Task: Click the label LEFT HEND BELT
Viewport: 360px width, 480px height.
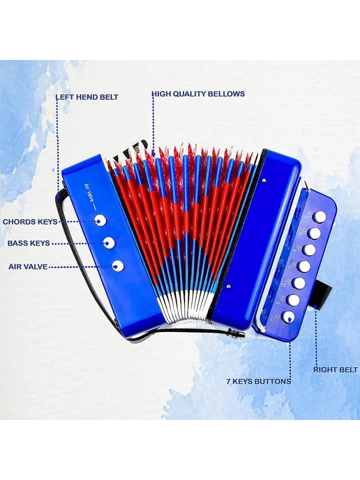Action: (x=87, y=97)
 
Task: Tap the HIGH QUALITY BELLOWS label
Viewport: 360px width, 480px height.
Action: (x=198, y=93)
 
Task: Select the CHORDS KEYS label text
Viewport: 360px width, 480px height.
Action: (x=30, y=222)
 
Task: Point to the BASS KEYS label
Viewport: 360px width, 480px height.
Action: (x=29, y=243)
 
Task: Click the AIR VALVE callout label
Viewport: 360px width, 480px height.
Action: (x=28, y=267)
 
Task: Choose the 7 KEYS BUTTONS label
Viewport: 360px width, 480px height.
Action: (x=259, y=381)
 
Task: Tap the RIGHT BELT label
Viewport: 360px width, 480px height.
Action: (x=335, y=370)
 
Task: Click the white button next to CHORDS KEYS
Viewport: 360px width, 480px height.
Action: (x=100, y=220)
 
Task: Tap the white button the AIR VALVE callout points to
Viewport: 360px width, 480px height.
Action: (x=118, y=266)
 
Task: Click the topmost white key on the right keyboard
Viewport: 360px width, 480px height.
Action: (x=320, y=217)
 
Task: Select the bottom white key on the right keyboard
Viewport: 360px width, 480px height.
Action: (x=288, y=317)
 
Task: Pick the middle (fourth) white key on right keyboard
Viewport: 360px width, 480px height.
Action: (x=304, y=267)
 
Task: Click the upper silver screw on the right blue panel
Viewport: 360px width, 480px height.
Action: (x=264, y=180)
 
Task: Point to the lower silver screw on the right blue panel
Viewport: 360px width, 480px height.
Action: (x=228, y=287)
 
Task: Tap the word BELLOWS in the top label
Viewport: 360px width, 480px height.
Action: (x=227, y=93)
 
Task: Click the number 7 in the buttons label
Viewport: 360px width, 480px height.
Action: (x=229, y=381)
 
